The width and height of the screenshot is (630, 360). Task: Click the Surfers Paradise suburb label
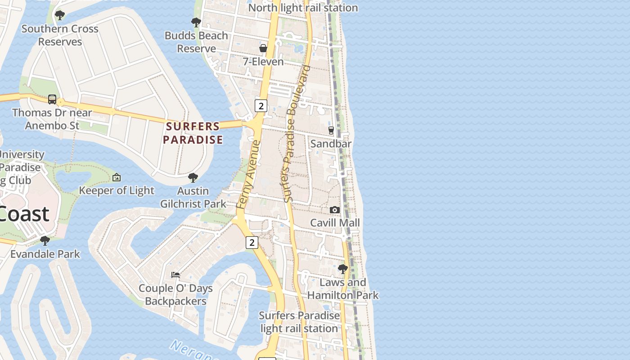(x=193, y=133)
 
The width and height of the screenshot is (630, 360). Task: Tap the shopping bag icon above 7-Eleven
(x=263, y=48)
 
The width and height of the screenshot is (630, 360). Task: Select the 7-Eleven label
(x=263, y=62)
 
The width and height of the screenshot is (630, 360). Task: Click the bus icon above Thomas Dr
(x=52, y=99)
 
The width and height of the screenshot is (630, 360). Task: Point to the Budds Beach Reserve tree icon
(x=196, y=22)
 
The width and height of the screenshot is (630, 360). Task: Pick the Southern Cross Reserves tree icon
(x=59, y=15)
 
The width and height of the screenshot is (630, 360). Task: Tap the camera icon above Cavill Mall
(x=335, y=210)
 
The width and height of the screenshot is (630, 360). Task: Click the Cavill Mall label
(x=335, y=223)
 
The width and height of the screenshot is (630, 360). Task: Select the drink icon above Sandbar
(x=331, y=130)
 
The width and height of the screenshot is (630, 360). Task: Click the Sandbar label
(x=331, y=144)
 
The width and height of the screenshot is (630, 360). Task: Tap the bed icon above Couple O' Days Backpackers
(x=175, y=274)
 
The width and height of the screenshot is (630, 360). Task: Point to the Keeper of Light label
(x=117, y=191)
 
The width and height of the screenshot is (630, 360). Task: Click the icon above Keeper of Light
(x=117, y=177)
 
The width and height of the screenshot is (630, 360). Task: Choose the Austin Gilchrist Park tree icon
(x=193, y=178)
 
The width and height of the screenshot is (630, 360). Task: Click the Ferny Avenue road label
(x=248, y=175)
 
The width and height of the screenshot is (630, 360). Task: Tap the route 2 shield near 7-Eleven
(x=261, y=106)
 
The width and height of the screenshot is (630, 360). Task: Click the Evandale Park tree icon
(x=45, y=240)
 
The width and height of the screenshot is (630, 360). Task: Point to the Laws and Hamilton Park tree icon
(x=343, y=269)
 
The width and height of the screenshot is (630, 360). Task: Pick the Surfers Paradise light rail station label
(x=299, y=322)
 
